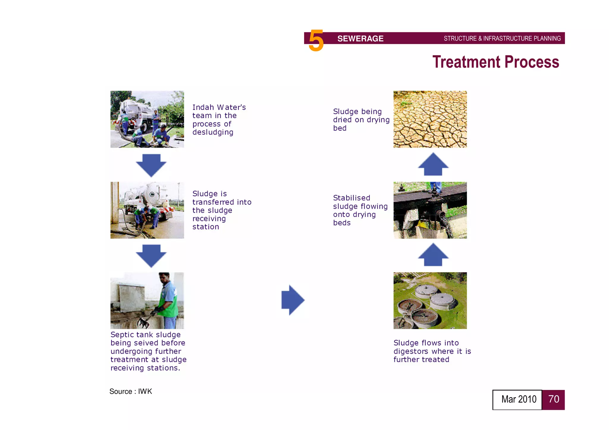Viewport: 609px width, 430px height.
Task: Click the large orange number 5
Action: pyautogui.click(x=316, y=41)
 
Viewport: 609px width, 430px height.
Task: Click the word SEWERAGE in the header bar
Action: pyautogui.click(x=360, y=39)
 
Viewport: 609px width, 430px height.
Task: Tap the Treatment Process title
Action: pyautogui.click(x=495, y=62)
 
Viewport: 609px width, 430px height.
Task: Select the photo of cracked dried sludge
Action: pyautogui.click(x=430, y=119)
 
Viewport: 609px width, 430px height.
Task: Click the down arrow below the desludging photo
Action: pyautogui.click(x=151, y=165)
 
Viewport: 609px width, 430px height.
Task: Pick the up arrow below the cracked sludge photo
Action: pyautogui.click(x=433, y=165)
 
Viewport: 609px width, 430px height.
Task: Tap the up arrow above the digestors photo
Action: pyautogui.click(x=433, y=255)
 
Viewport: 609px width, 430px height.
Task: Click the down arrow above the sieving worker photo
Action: pyautogui.click(x=151, y=256)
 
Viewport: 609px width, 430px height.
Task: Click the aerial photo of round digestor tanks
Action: pyautogui.click(x=430, y=301)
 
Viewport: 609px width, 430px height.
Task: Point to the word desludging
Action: pyautogui.click(x=213, y=132)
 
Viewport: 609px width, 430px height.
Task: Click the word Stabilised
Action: pyautogui.click(x=351, y=198)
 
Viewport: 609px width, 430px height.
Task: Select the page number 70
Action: pyautogui.click(x=553, y=399)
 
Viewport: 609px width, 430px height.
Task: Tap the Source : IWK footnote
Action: pyautogui.click(x=131, y=391)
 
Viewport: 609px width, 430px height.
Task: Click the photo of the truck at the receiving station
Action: pyautogui.click(x=147, y=210)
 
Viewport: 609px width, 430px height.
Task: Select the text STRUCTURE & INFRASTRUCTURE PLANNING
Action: pyautogui.click(x=502, y=39)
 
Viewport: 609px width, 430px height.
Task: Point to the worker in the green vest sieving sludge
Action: pyautogui.click(x=168, y=300)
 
